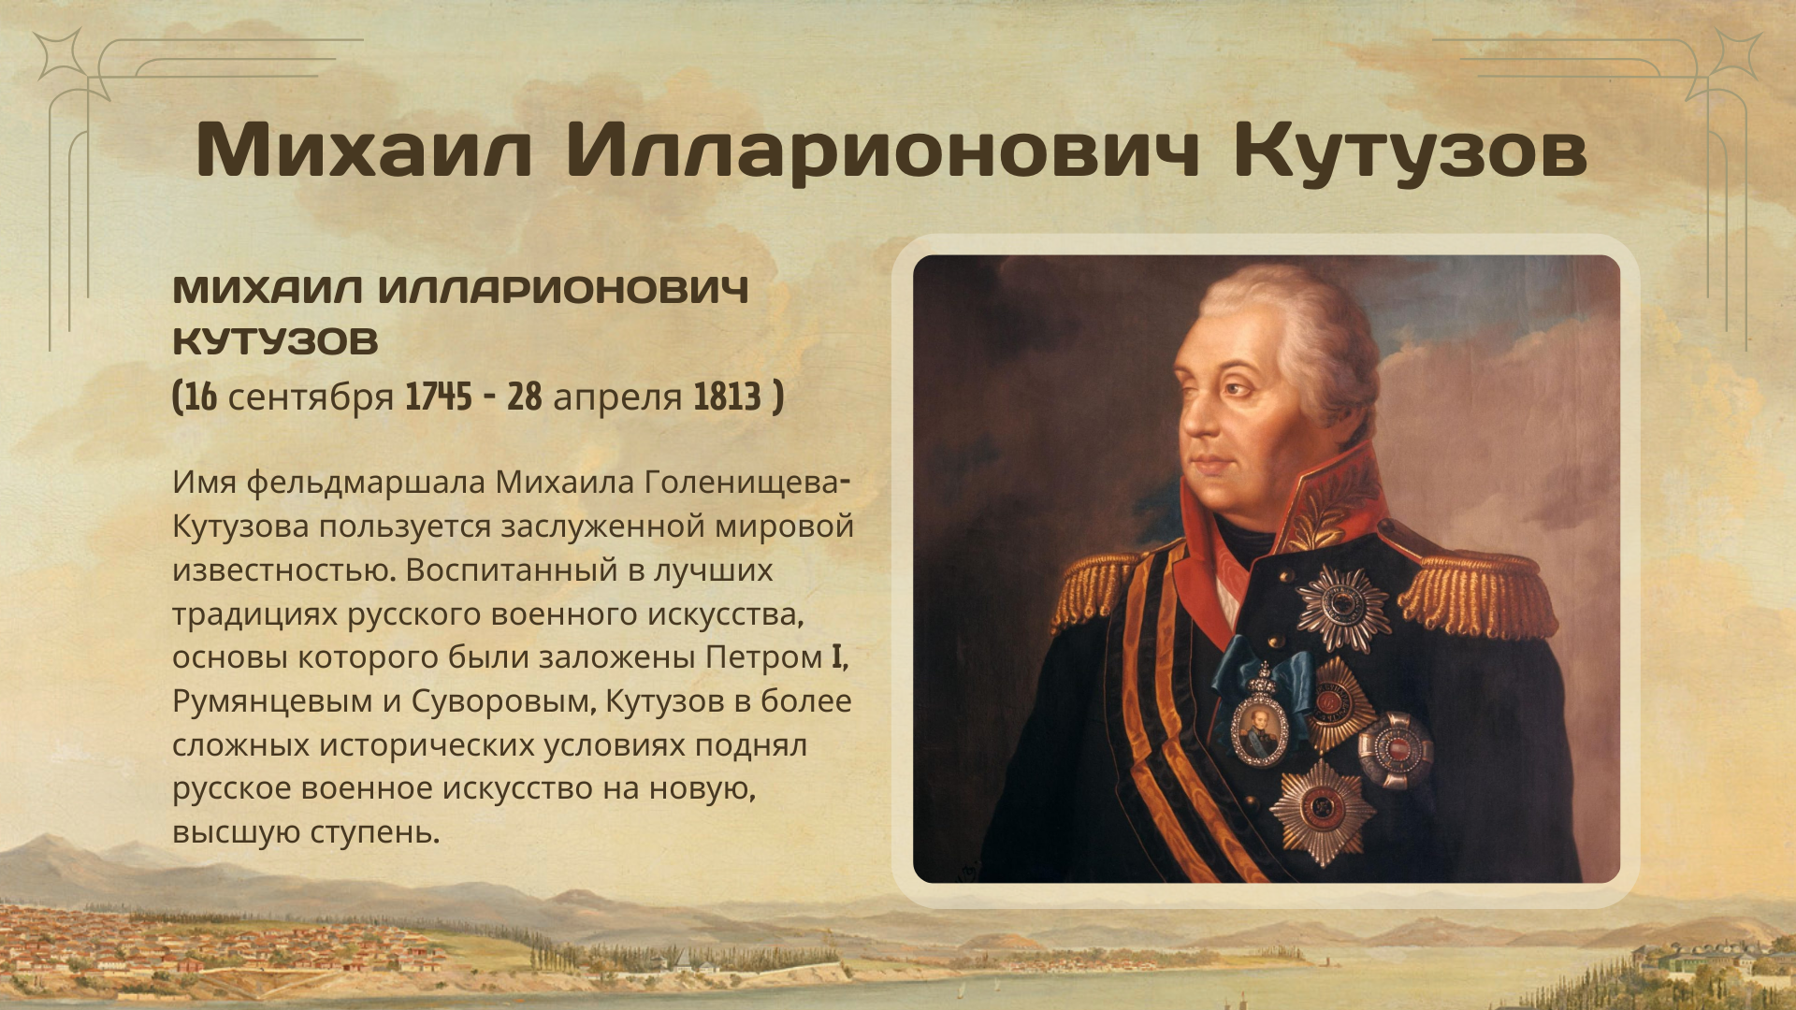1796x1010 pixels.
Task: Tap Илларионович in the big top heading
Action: pyautogui.click(x=882, y=151)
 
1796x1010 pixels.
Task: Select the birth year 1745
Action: pyautogui.click(x=439, y=397)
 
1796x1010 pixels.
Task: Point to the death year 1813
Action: pyautogui.click(x=728, y=397)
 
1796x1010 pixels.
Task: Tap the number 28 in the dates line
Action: pyautogui.click(x=525, y=397)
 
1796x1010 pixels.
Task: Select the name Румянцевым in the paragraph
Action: pyautogui.click(x=272, y=701)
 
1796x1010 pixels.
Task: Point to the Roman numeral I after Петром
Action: pyautogui.click(x=837, y=656)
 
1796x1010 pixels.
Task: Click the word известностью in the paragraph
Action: pyautogui.click(x=284, y=570)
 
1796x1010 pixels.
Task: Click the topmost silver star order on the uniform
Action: pyautogui.click(x=1341, y=606)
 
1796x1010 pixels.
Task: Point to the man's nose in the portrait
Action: pyautogui.click(x=1188, y=411)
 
